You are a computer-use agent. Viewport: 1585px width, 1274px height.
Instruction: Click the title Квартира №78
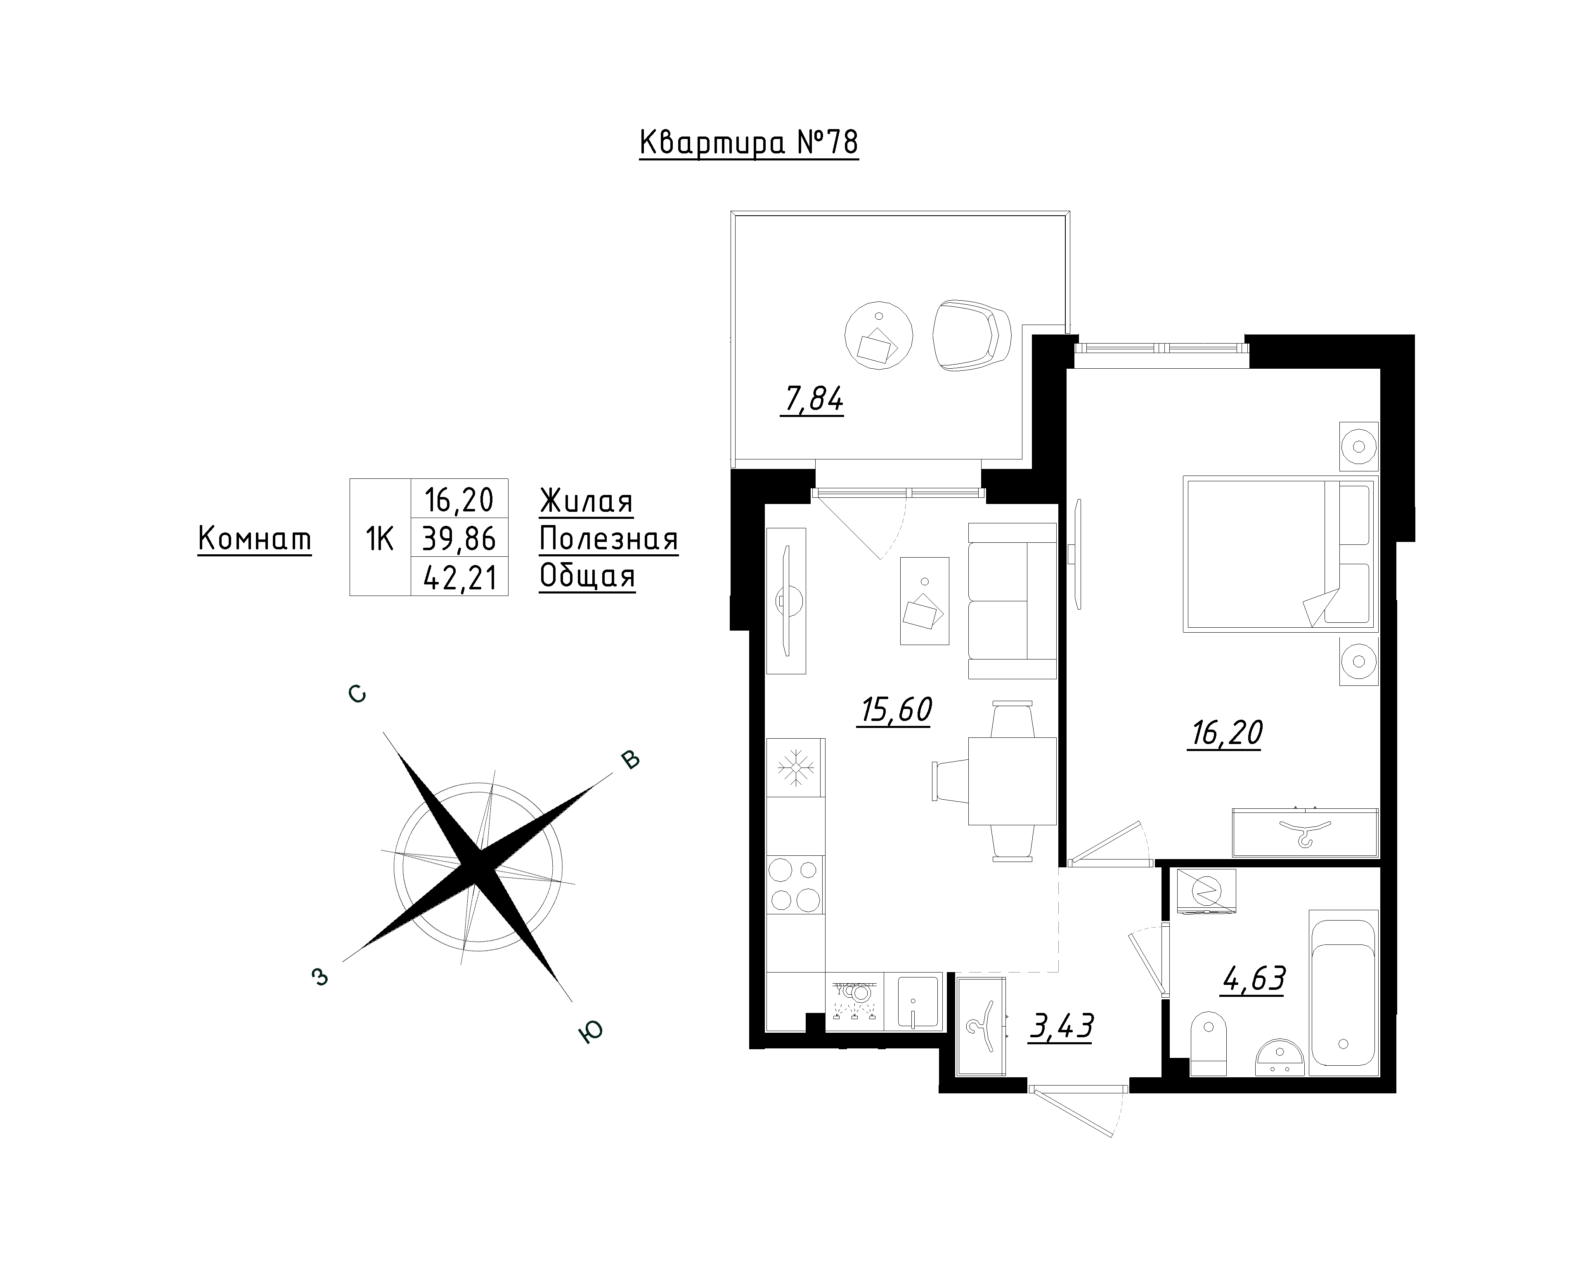[748, 143]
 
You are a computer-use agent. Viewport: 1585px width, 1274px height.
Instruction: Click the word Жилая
[586, 502]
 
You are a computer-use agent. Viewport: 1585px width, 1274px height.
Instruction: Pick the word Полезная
[609, 540]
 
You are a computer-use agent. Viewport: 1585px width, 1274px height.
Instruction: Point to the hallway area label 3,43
[1061, 1027]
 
